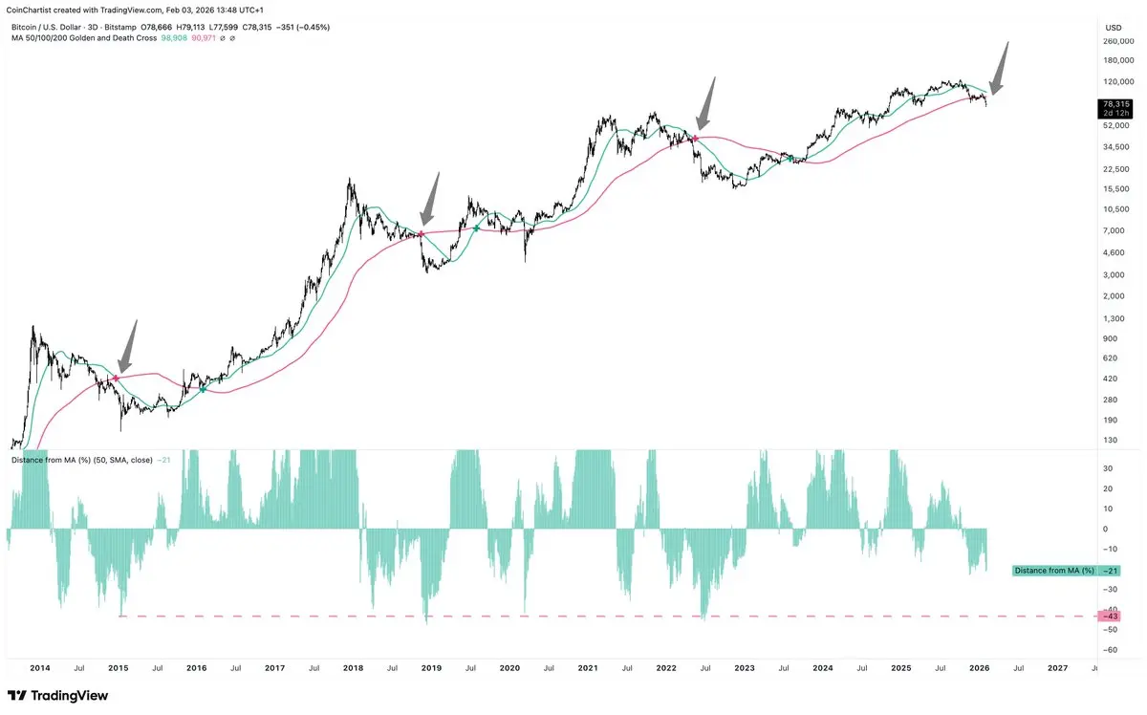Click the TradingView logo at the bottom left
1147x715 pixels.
[59, 695]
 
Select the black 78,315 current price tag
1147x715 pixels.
[1115, 104]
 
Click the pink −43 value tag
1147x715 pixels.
[1110, 617]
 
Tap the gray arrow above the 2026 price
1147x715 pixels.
[1000, 68]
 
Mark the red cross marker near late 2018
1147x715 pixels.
[422, 234]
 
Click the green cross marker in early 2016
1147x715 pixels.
[203, 388]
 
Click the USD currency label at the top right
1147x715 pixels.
[1113, 27]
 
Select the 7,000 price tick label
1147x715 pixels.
[1115, 230]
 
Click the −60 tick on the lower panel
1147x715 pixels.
[1110, 650]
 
